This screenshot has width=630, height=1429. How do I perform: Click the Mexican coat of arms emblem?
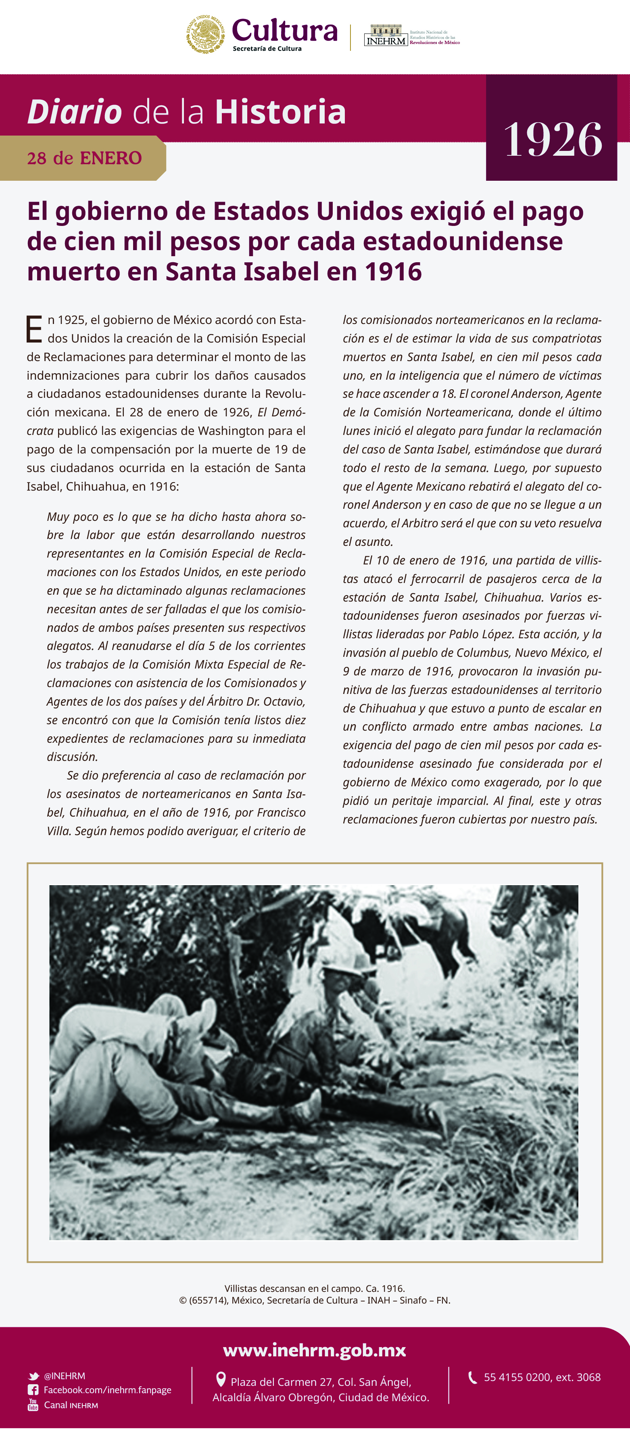[205, 34]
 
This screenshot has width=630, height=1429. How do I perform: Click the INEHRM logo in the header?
[386, 36]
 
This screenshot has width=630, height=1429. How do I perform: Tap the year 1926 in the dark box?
[553, 140]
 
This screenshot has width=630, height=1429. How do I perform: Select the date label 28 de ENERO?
[84, 158]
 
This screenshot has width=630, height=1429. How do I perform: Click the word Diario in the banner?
[74, 112]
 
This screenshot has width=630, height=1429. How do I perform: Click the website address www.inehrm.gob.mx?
[315, 1350]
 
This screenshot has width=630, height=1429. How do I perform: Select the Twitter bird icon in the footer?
[33, 1376]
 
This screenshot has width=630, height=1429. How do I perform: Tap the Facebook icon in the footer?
[33, 1389]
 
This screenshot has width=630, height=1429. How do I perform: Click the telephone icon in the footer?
[473, 1377]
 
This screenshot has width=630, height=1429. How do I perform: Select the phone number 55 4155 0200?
[519, 1377]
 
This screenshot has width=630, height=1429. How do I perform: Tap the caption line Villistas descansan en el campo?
[315, 1288]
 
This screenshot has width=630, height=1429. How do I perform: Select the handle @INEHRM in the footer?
[65, 1376]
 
